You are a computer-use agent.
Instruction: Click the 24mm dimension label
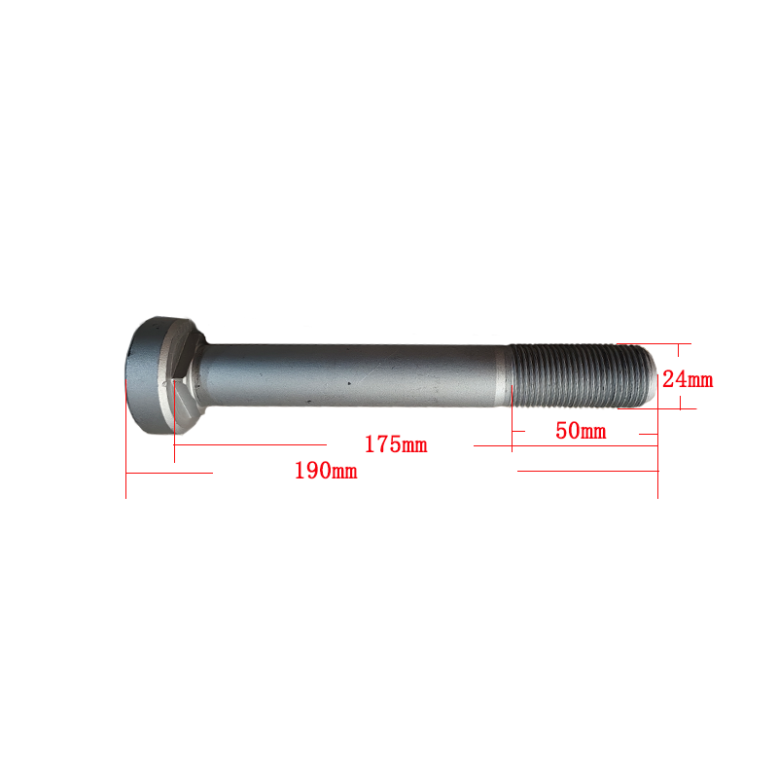click(688, 379)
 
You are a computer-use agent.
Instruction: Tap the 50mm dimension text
click(581, 431)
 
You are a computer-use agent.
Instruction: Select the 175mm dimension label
click(396, 444)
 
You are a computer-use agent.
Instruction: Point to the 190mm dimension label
click(326, 471)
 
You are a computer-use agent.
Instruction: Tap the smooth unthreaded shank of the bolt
click(347, 375)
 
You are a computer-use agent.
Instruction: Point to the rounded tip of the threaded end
click(651, 375)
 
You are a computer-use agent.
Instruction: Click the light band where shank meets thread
click(504, 375)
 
